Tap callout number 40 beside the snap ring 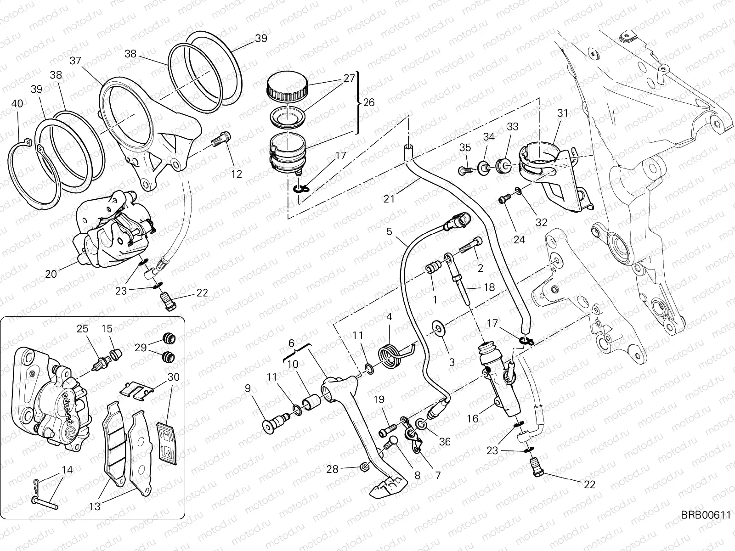(x=17, y=104)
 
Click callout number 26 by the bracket (x=368, y=102)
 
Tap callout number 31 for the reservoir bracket (x=563, y=113)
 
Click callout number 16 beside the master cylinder (x=473, y=418)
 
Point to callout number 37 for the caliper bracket (x=76, y=61)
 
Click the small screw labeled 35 (x=464, y=171)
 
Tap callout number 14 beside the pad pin (x=67, y=470)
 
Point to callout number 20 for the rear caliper (x=51, y=274)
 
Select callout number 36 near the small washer (x=444, y=442)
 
